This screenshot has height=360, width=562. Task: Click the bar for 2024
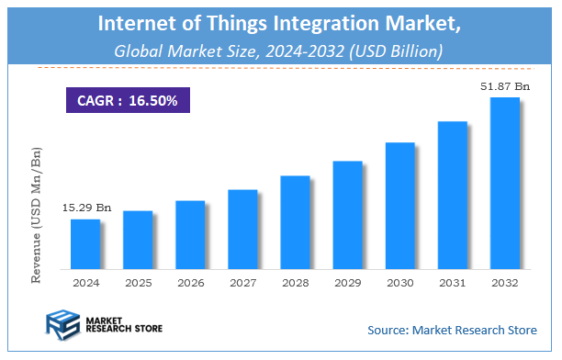tap(84, 244)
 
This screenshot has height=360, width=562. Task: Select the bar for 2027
tap(242, 230)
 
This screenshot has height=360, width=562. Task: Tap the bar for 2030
tap(399, 206)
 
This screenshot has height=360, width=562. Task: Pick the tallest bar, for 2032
tap(504, 184)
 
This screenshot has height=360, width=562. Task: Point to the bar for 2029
tap(347, 215)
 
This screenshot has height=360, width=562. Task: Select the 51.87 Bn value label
tap(506, 86)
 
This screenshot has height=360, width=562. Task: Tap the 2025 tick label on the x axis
tap(137, 283)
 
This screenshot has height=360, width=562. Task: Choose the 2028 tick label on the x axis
tap(294, 283)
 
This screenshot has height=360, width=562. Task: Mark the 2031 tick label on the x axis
tap(452, 283)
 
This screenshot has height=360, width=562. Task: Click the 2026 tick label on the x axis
tap(189, 283)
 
